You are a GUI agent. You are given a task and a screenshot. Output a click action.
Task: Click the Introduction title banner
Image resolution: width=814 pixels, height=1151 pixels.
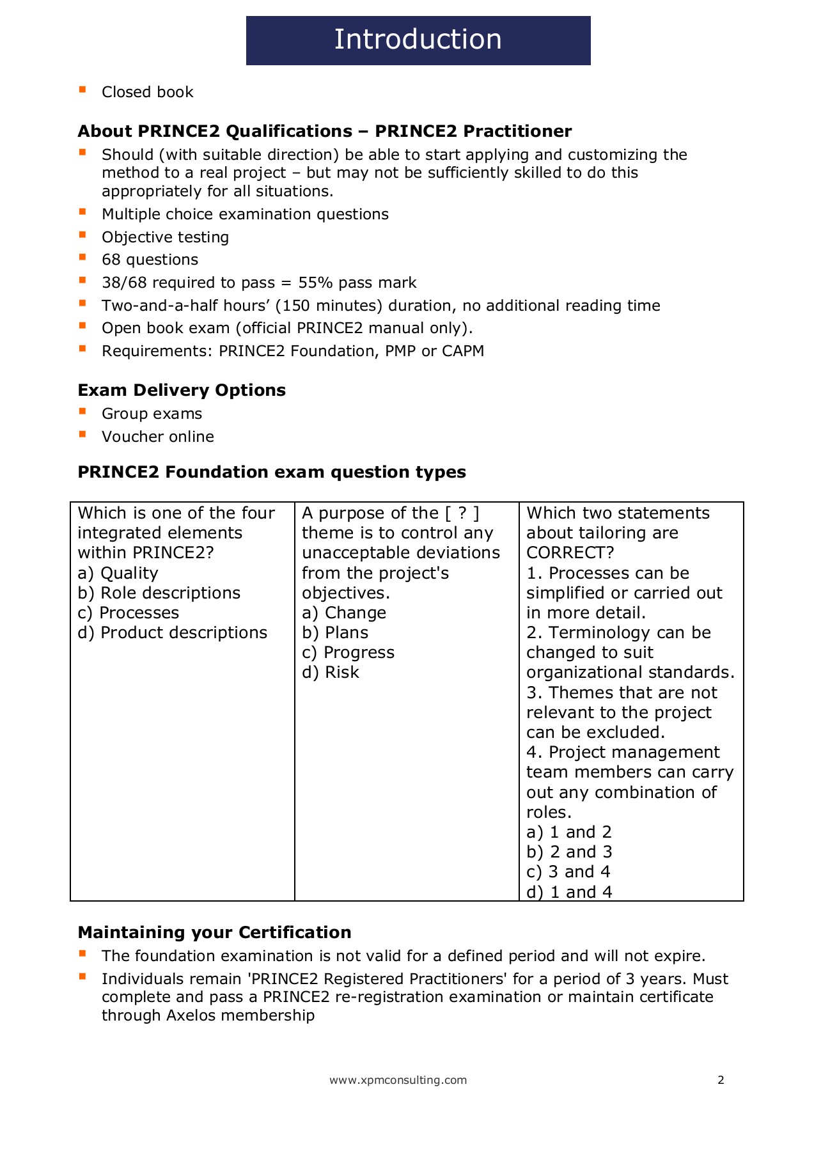point(418,40)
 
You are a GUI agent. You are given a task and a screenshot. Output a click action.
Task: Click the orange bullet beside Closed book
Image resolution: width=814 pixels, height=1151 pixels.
point(82,90)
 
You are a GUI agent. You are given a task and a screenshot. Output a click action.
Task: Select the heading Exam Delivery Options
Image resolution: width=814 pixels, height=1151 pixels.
point(182,390)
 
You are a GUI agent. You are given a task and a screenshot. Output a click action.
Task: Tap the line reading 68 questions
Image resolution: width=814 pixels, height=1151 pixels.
point(150,260)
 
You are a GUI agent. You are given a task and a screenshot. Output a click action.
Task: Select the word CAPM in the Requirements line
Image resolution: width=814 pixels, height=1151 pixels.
point(462,351)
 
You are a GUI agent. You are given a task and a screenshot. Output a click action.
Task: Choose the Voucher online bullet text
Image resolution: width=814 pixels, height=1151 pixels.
point(157,437)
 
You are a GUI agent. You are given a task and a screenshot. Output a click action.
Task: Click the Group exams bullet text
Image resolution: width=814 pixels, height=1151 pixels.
point(152,414)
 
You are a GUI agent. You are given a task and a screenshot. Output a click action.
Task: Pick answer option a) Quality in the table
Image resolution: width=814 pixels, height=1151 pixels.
point(118,574)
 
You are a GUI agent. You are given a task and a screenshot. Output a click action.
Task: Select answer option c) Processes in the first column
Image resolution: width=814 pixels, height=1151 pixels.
point(128,613)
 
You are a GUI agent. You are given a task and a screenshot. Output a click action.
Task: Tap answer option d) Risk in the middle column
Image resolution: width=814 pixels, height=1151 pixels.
point(331,673)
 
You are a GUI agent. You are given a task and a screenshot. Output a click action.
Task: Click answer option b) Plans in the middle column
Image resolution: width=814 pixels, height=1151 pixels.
point(335,633)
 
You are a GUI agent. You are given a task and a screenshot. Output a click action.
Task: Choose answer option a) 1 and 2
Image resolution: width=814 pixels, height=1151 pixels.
point(568,833)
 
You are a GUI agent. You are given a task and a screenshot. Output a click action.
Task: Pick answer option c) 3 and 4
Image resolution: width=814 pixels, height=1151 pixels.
point(568,872)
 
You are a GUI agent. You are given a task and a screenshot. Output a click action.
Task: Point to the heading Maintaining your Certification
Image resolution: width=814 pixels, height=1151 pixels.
point(214,932)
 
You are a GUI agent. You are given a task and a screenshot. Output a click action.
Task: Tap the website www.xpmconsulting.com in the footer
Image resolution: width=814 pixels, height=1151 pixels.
point(398,1080)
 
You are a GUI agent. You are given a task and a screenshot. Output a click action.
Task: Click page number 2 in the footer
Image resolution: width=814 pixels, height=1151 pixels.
point(721,1080)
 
